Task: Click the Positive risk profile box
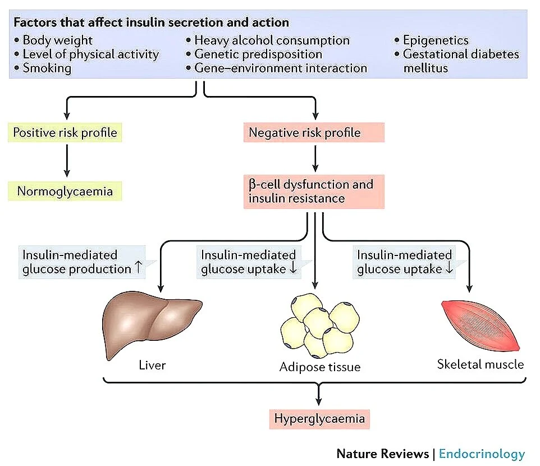point(65,133)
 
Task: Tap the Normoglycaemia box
point(65,191)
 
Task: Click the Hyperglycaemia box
point(319,418)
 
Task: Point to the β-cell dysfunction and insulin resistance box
point(314,191)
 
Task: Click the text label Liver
point(152,366)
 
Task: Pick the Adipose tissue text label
point(319,368)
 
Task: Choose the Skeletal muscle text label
point(480,364)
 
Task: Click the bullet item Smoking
point(47,68)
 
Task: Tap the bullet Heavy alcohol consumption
point(272,40)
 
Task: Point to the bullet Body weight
point(57,40)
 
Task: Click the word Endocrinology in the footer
point(482,454)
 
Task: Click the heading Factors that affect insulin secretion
point(151,23)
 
